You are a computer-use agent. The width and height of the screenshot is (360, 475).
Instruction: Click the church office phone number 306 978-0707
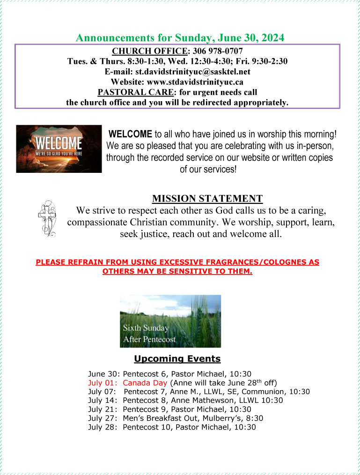coord(218,51)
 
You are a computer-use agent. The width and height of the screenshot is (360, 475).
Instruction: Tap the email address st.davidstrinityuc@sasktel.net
coord(193,72)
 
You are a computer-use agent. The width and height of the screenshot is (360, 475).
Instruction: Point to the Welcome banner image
coord(59,148)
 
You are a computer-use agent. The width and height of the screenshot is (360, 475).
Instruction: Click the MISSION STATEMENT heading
coord(207,198)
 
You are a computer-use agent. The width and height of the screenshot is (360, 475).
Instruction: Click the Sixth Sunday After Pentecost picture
coord(170,321)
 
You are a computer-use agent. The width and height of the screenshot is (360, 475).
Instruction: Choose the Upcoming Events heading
coord(177,359)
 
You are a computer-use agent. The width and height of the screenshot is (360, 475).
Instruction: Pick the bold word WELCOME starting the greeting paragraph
coord(130,134)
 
